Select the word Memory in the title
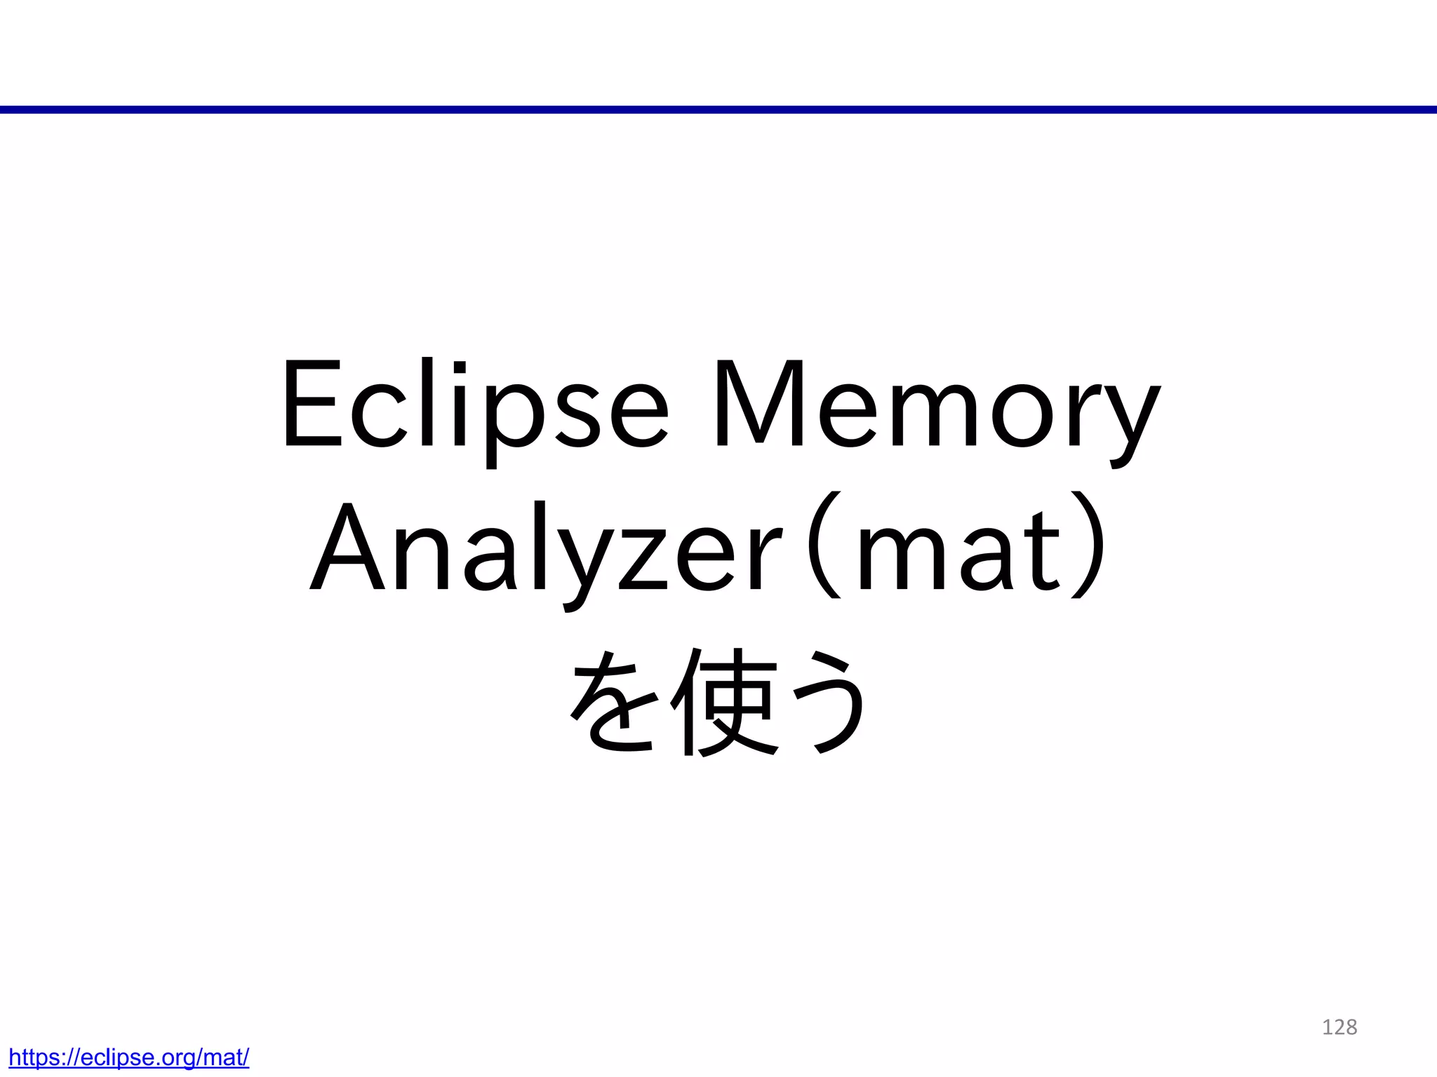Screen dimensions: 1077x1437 click(x=937, y=407)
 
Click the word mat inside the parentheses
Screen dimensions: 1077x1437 click(x=958, y=550)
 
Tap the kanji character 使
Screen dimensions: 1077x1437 click(x=723, y=701)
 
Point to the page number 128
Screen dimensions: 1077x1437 click(x=1339, y=1027)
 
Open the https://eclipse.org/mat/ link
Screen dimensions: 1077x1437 click(x=129, y=1057)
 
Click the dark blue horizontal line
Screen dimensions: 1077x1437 click(x=718, y=109)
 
